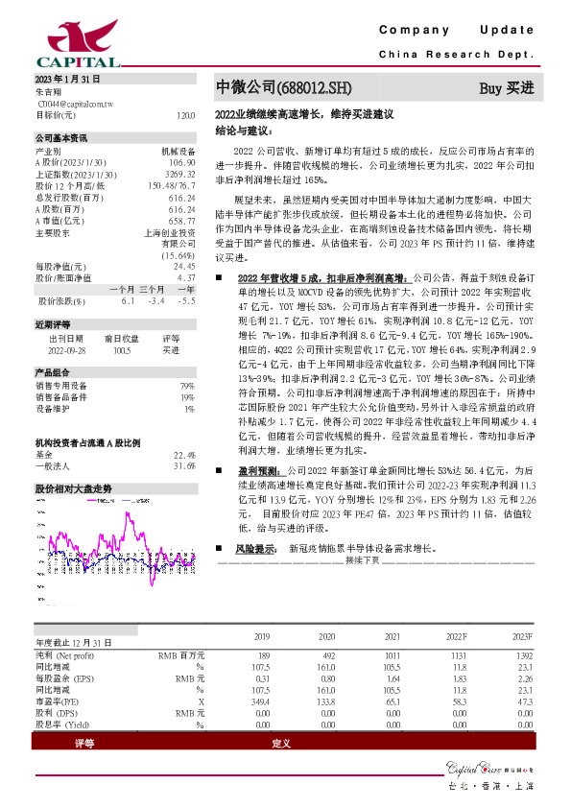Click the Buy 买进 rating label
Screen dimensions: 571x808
tap(506, 88)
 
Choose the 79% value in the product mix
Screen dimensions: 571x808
tap(188, 386)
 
